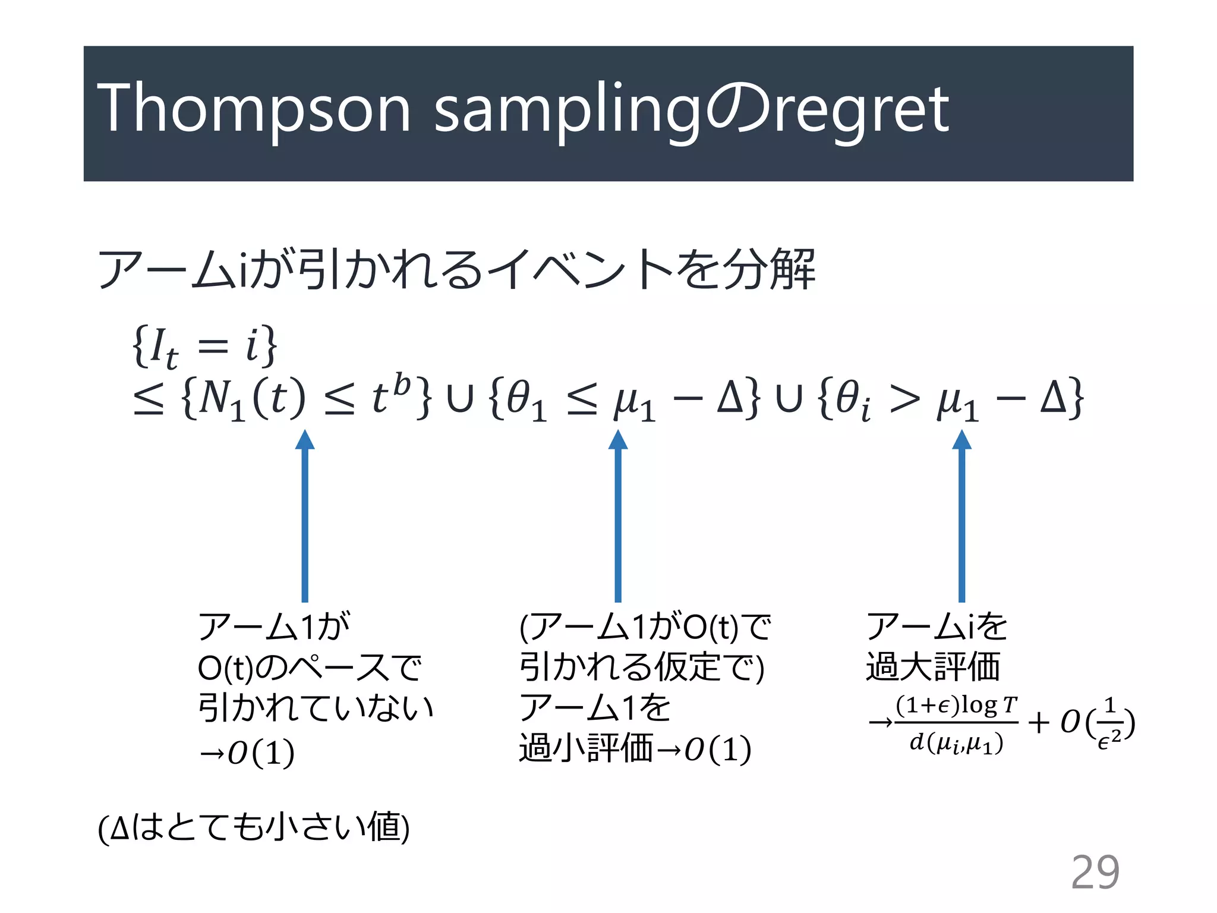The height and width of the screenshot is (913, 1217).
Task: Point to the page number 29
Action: tap(1095, 872)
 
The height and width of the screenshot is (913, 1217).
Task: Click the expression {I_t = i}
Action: tap(204, 346)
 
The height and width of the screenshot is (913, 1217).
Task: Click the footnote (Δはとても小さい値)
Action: tap(254, 827)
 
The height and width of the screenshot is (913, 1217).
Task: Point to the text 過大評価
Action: tap(933, 666)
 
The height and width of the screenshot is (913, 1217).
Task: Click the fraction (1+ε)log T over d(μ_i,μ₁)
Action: tap(957, 724)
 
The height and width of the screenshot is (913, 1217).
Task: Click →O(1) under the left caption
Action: tap(246, 753)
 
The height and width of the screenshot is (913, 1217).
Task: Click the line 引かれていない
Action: tap(315, 707)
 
